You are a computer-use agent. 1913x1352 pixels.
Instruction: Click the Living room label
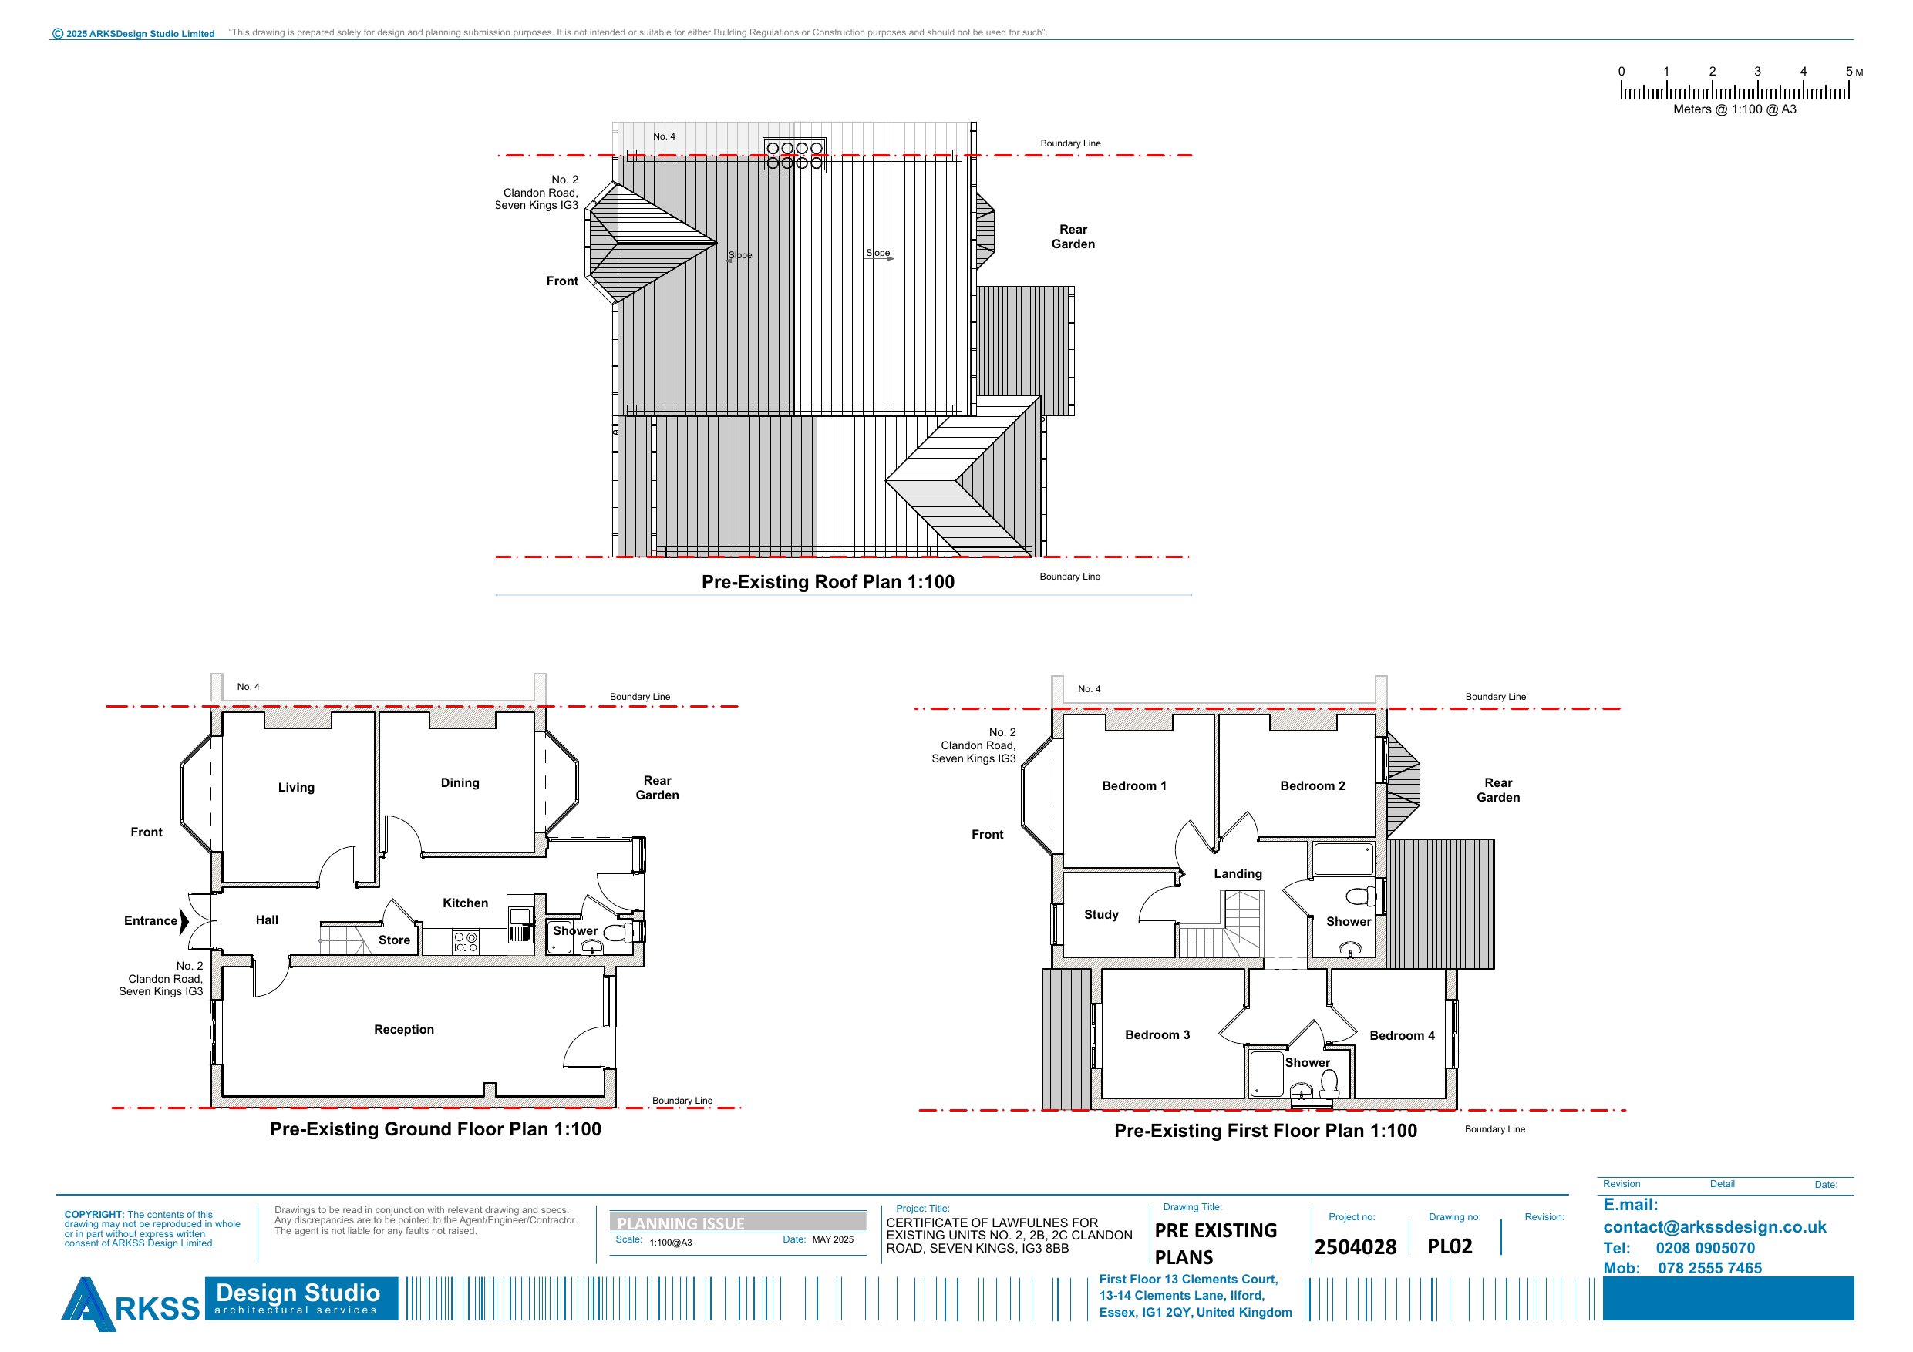coord(296,787)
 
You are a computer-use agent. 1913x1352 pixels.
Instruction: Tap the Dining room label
coord(460,783)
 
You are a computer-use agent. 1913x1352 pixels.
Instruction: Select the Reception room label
coord(404,1030)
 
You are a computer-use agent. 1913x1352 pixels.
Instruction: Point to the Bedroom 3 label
coord(1157,1034)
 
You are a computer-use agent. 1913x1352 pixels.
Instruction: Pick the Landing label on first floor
coord(1238,874)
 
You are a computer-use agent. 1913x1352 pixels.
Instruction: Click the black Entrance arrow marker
coord(184,920)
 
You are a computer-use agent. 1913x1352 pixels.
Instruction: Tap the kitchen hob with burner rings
coord(466,942)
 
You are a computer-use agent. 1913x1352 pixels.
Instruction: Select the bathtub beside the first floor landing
coord(1344,859)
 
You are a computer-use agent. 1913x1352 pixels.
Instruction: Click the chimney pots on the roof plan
coord(794,156)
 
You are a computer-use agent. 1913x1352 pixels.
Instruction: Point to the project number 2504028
coord(1356,1246)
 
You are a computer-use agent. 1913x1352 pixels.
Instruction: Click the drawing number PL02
coord(1450,1246)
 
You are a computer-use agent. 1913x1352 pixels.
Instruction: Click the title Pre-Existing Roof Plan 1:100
coord(828,581)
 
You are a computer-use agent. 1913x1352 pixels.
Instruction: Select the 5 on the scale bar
coord(1849,72)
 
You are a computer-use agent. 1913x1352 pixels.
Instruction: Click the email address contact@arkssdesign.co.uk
coord(1715,1227)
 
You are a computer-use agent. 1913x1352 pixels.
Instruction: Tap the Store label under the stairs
coord(394,940)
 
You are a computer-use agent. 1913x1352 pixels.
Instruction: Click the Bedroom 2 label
coord(1312,785)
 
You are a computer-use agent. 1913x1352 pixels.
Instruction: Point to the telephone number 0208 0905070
coord(1705,1248)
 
